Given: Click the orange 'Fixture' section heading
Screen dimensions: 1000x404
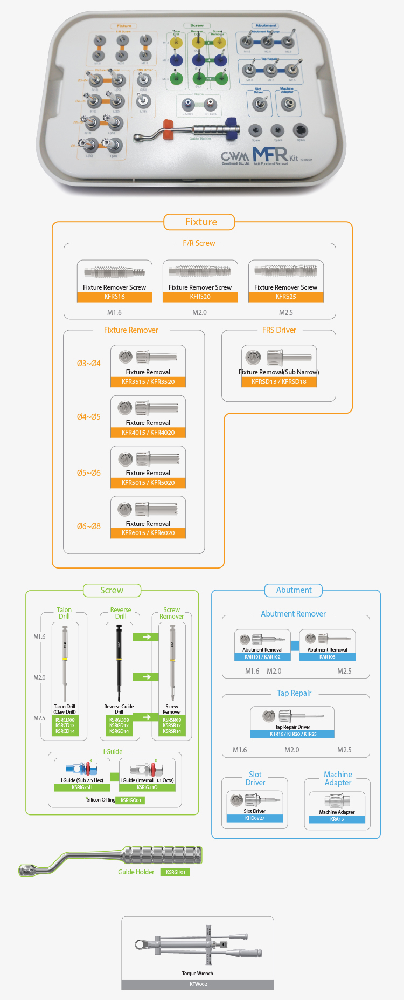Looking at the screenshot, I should pos(201,222).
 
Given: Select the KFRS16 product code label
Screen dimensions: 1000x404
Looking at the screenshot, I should pos(114,297).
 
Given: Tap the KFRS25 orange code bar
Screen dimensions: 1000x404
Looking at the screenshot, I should pos(285,297).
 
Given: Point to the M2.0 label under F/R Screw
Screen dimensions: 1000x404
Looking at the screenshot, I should pos(199,312).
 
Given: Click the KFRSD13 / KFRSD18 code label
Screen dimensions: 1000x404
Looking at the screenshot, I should pos(278,382).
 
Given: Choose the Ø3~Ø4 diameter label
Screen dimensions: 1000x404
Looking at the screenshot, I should pos(88,364).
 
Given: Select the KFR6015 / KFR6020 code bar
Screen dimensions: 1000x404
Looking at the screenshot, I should pos(148,533).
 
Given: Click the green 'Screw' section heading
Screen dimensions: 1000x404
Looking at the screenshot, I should pos(112,591).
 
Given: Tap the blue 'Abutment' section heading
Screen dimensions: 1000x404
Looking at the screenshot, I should pos(294,591).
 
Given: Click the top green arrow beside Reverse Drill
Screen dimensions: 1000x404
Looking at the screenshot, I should pos(146,637).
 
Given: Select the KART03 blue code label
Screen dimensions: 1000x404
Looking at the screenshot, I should pos(328,657).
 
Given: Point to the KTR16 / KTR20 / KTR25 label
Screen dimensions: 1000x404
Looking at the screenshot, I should pos(292,734).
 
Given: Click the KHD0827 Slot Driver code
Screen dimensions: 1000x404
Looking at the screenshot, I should pos(255,818).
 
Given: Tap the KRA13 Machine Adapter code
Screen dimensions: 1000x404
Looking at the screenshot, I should pos(337,819).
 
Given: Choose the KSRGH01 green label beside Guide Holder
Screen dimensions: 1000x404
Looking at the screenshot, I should pos(175,872).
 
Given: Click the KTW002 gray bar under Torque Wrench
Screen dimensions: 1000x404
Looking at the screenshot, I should pos(198,984).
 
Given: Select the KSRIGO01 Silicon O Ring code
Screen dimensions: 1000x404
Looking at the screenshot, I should pos(130,800).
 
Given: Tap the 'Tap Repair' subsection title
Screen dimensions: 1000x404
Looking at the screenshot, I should pos(294,694).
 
